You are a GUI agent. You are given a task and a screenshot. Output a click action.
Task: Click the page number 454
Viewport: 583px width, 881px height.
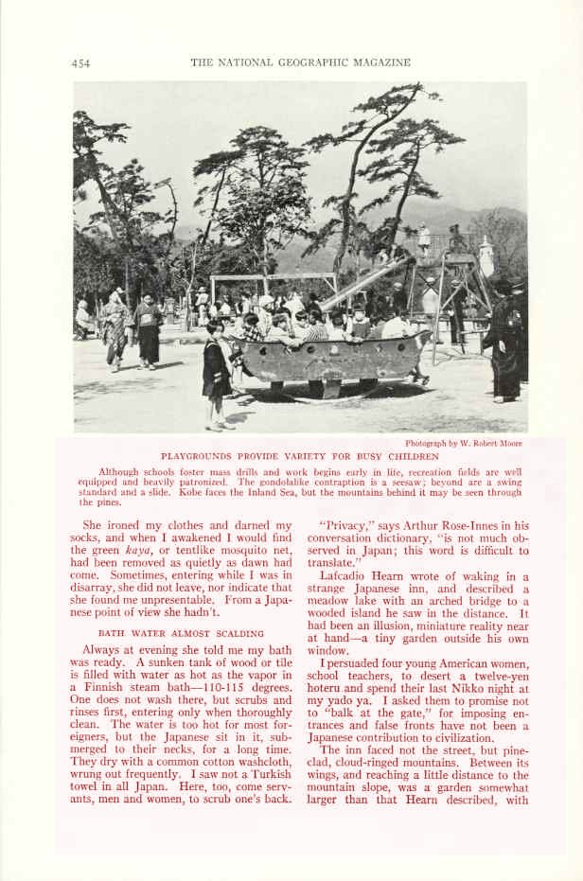[x=80, y=63]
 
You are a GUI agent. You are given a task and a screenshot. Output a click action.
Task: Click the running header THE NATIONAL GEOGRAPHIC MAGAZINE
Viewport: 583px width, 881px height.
[x=301, y=62]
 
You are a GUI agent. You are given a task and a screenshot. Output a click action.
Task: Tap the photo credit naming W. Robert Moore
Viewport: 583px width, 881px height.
[x=463, y=443]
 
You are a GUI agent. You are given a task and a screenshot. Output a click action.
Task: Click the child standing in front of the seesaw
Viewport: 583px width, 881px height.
[x=216, y=372]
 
